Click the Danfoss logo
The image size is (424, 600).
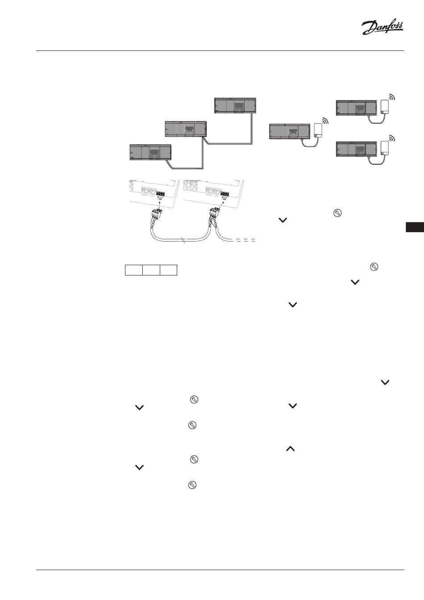pos(382,28)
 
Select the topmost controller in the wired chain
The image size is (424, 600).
pos(236,105)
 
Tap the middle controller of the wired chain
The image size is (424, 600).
pos(186,129)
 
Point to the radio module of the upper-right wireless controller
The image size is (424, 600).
pos(385,107)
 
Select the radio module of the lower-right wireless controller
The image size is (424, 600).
pos(385,148)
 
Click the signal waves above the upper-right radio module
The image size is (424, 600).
pos(391,97)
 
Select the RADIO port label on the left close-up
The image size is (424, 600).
pos(145,195)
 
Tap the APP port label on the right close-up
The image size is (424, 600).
pos(217,196)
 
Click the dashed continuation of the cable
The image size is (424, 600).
pos(243,241)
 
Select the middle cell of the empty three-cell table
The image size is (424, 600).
pos(151,270)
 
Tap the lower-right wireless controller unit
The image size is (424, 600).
pos(356,148)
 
